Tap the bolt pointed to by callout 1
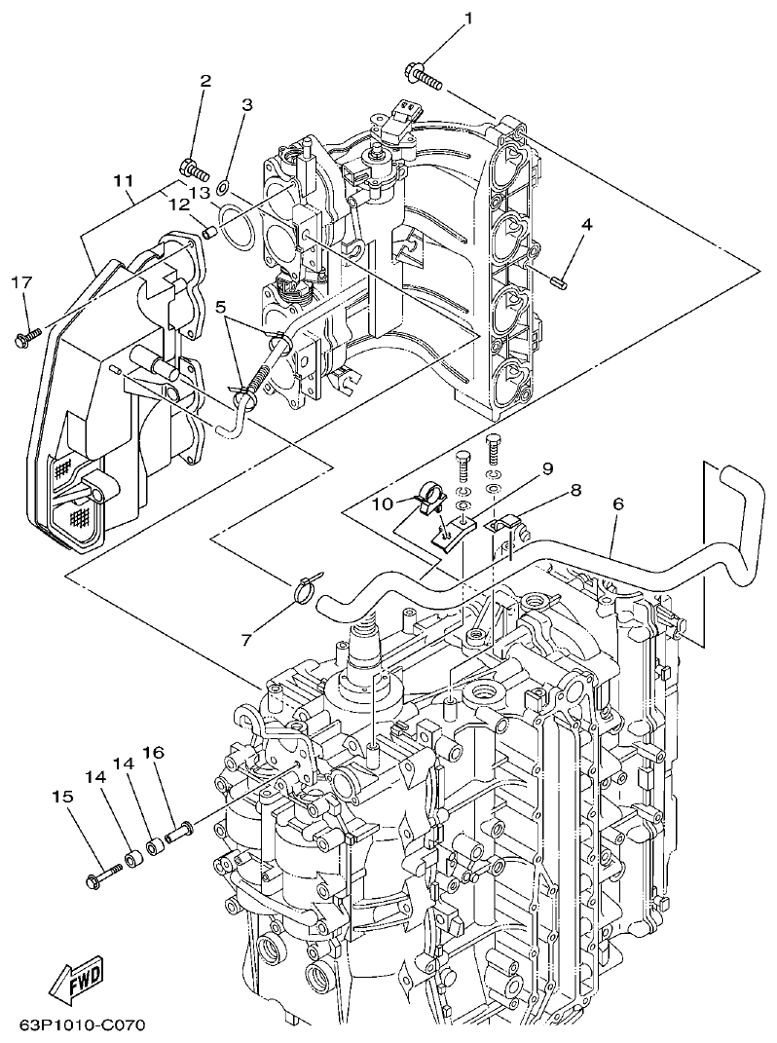(x=422, y=75)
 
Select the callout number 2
(x=204, y=82)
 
